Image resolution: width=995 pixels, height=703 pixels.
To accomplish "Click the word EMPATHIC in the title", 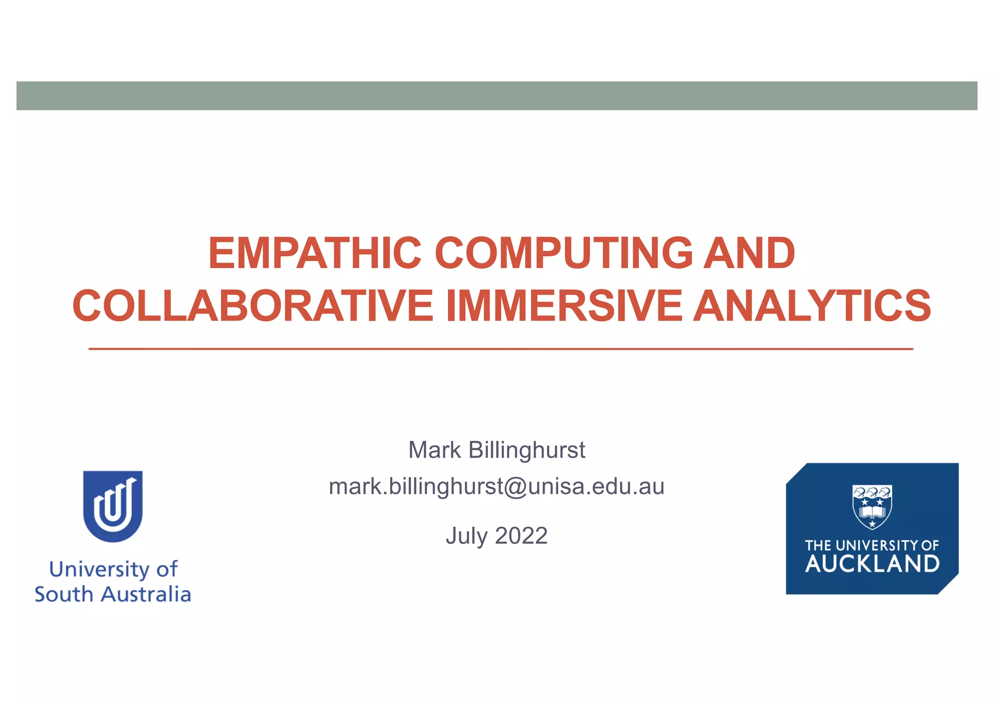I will click(314, 253).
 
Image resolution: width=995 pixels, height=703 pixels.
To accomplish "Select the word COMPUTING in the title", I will click(564, 253).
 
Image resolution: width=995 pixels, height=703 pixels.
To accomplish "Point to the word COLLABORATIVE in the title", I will click(253, 306).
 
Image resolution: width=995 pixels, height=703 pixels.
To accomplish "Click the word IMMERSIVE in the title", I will click(564, 306).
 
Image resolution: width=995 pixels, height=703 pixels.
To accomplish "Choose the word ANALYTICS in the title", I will click(812, 306).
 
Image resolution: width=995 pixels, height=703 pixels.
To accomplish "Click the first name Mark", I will click(434, 450).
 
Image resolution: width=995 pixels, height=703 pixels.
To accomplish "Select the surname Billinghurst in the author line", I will click(527, 450).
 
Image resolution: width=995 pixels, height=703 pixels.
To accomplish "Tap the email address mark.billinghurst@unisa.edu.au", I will click(497, 486).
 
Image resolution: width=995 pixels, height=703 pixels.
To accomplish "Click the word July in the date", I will click(466, 536).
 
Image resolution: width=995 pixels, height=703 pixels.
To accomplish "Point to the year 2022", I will click(521, 536).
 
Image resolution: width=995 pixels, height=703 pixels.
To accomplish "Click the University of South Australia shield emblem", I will click(113, 506).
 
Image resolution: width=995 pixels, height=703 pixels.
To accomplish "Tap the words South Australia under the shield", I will click(113, 595).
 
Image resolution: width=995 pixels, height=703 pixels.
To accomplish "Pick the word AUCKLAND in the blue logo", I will click(872, 564).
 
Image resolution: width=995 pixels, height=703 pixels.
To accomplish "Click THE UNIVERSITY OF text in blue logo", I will click(872, 546).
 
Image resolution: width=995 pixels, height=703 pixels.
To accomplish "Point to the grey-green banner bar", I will click(497, 96).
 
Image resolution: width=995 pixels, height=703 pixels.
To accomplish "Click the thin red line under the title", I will click(500, 349).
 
